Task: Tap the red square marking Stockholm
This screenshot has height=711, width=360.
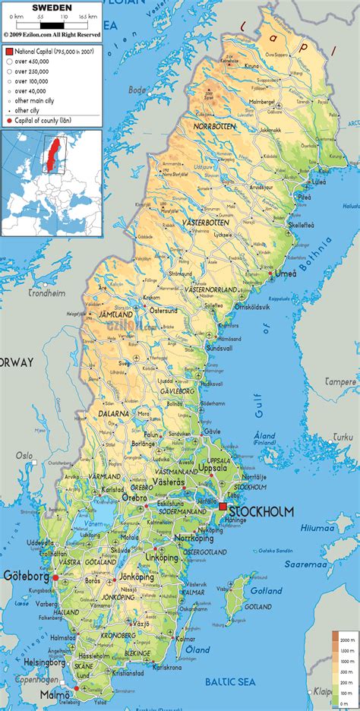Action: point(223,506)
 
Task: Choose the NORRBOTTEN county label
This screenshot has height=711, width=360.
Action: point(215,125)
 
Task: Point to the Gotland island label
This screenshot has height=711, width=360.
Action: point(267,590)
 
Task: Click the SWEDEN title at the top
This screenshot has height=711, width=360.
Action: point(51,7)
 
